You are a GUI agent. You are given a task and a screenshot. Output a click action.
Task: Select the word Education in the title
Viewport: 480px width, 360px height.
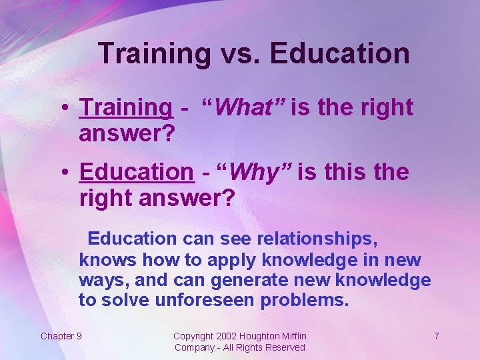pyautogui.click(x=340, y=53)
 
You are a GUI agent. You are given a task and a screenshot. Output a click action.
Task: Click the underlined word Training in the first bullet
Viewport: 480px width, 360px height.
pyautogui.click(x=125, y=107)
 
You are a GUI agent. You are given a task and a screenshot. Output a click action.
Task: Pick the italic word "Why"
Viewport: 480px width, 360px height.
pyautogui.click(x=257, y=172)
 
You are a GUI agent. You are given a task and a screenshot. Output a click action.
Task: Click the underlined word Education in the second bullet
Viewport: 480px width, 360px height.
pyautogui.click(x=136, y=172)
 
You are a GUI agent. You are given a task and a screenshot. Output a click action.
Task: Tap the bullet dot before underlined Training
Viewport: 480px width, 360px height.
pyautogui.click(x=68, y=108)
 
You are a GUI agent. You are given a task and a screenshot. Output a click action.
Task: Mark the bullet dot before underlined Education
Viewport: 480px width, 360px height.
pyautogui.click(x=68, y=173)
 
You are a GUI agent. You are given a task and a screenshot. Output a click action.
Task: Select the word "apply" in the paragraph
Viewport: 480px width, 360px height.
pyautogui.click(x=237, y=259)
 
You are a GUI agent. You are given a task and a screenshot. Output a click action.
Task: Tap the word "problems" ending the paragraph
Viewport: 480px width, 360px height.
pyautogui.click(x=305, y=300)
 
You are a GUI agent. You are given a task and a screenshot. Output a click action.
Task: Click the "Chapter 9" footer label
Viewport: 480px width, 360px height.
pyautogui.click(x=61, y=336)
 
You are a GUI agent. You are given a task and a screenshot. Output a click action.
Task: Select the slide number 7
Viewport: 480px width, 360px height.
pyautogui.click(x=436, y=336)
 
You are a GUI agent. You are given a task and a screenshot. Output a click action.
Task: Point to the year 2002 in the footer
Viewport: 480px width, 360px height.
pyautogui.click(x=227, y=336)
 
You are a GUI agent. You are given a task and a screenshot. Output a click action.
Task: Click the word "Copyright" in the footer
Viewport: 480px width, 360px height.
pyautogui.click(x=193, y=336)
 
